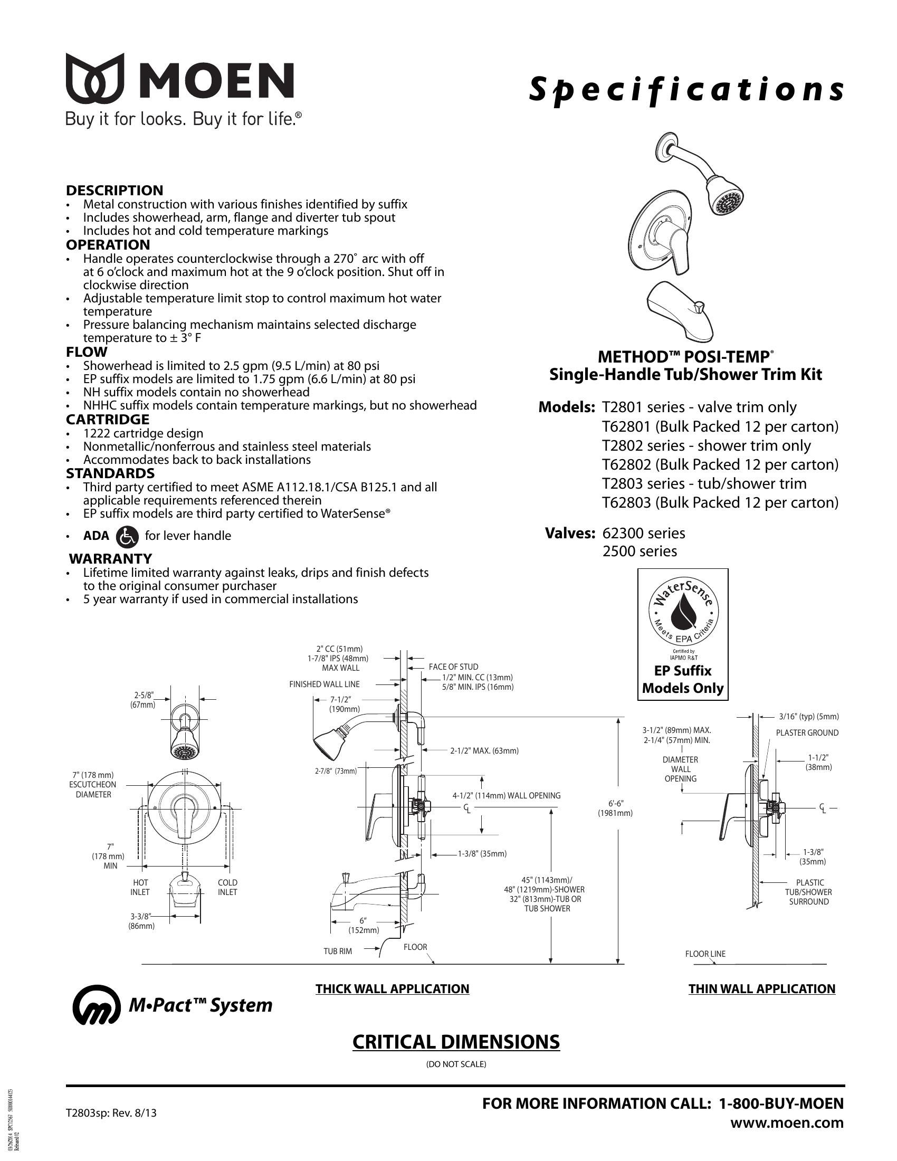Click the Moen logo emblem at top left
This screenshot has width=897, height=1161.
click(x=94, y=78)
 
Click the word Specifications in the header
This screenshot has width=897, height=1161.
click(x=685, y=89)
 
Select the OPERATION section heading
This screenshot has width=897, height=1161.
click(x=108, y=245)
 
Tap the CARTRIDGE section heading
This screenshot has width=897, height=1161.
click(x=107, y=420)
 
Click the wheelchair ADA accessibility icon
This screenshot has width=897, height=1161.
click(x=127, y=536)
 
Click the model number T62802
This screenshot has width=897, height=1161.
click(x=626, y=464)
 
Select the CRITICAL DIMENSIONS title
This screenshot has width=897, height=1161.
click(x=456, y=1042)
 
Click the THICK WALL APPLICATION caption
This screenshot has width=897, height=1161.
click(x=392, y=989)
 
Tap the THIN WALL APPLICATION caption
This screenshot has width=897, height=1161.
click(x=762, y=989)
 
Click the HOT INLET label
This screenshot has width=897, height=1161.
click(x=140, y=887)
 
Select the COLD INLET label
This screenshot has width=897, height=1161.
click(x=227, y=887)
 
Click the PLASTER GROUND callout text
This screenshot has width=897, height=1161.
click(x=807, y=732)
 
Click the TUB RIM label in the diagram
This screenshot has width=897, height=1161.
click(x=338, y=951)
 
